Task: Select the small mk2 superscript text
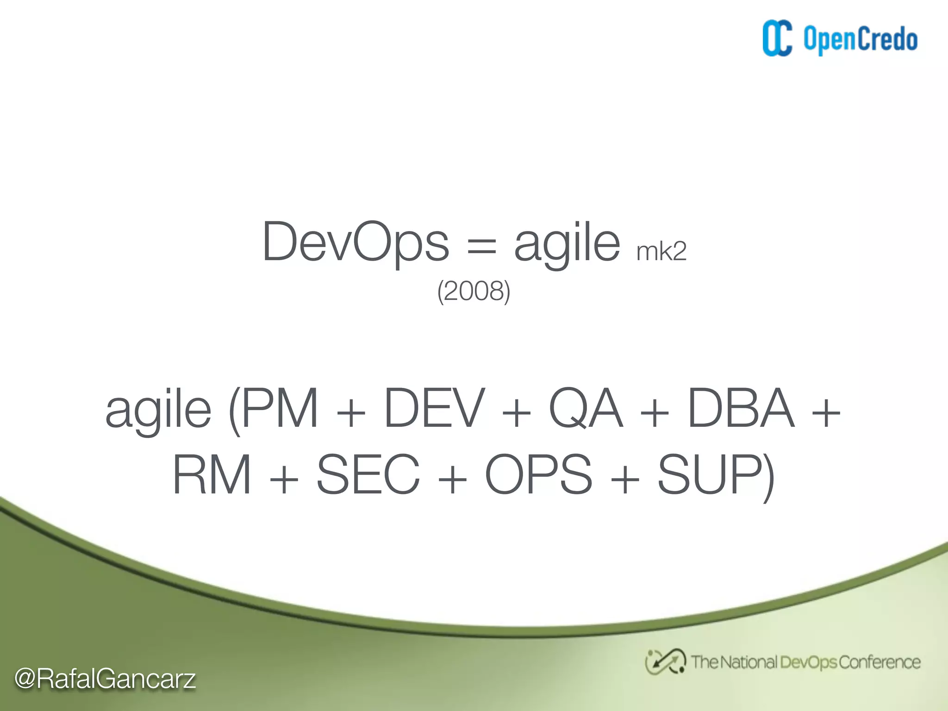(x=661, y=252)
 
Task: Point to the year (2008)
(x=474, y=291)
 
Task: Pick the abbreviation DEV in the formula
(x=434, y=408)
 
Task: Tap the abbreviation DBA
(x=741, y=408)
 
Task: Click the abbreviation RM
(x=212, y=475)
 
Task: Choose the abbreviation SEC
(x=368, y=475)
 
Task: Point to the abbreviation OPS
(x=538, y=475)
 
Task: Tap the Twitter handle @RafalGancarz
(x=105, y=679)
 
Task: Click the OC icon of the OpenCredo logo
(x=777, y=39)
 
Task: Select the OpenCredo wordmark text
(x=860, y=40)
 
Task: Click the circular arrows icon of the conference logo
(x=665, y=662)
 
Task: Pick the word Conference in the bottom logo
(x=879, y=662)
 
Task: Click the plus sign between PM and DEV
(x=351, y=412)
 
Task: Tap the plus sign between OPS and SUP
(x=624, y=479)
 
